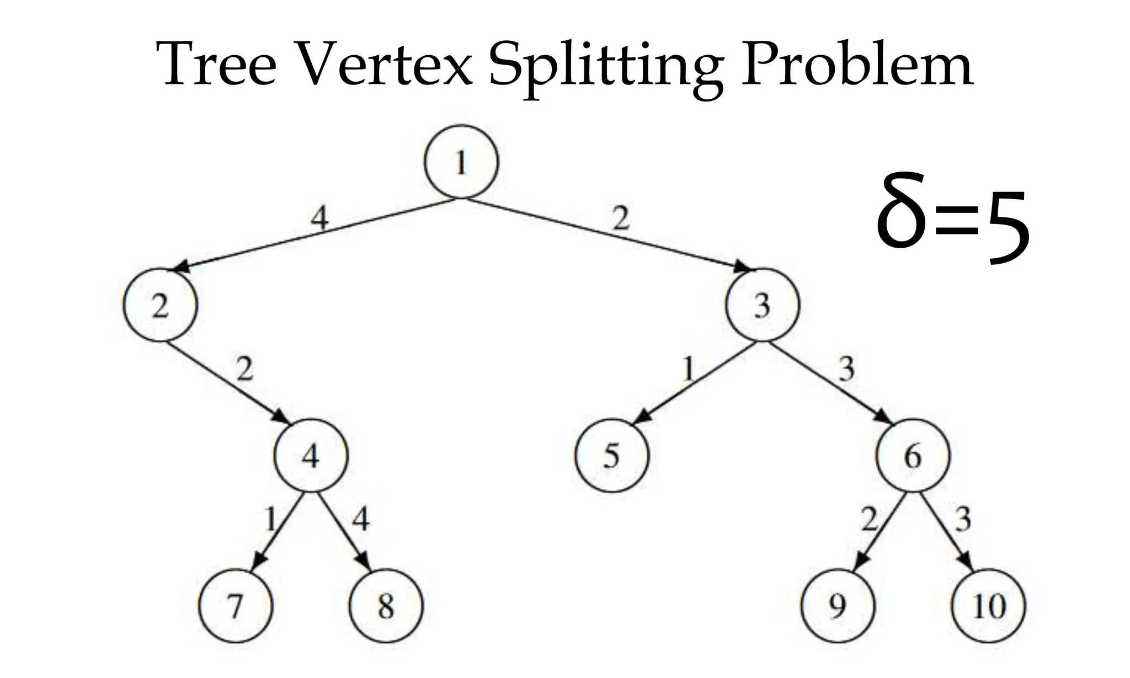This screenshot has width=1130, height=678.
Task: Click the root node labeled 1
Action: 461,162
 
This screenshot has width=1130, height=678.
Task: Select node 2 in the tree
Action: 160,305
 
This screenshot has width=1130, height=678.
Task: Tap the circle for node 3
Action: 763,305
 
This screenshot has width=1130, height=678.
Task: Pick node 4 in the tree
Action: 311,456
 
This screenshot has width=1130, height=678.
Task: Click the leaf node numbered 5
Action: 612,456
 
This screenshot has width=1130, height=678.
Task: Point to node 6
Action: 913,456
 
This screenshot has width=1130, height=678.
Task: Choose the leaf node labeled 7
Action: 236,606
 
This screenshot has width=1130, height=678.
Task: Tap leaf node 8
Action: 386,606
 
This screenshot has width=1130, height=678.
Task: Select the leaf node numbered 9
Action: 838,606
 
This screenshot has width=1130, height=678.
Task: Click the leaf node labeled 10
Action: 989,606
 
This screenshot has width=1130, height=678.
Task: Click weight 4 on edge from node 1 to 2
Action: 319,219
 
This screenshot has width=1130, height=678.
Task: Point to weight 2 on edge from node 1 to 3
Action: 621,219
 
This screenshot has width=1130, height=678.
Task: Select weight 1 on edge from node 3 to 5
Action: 687,369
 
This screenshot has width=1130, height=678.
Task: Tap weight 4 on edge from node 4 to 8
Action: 360,519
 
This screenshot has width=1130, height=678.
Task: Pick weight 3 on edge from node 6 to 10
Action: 963,519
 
